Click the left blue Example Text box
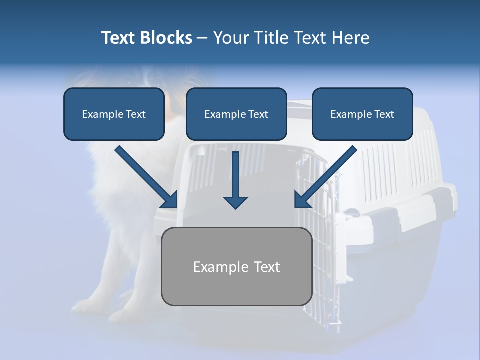[114, 114]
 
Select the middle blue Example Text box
[236, 114]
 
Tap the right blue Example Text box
[362, 114]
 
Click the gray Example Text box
[236, 266]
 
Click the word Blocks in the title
[165, 38]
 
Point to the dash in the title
[203, 38]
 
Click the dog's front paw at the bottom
[85, 305]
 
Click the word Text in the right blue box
[384, 114]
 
